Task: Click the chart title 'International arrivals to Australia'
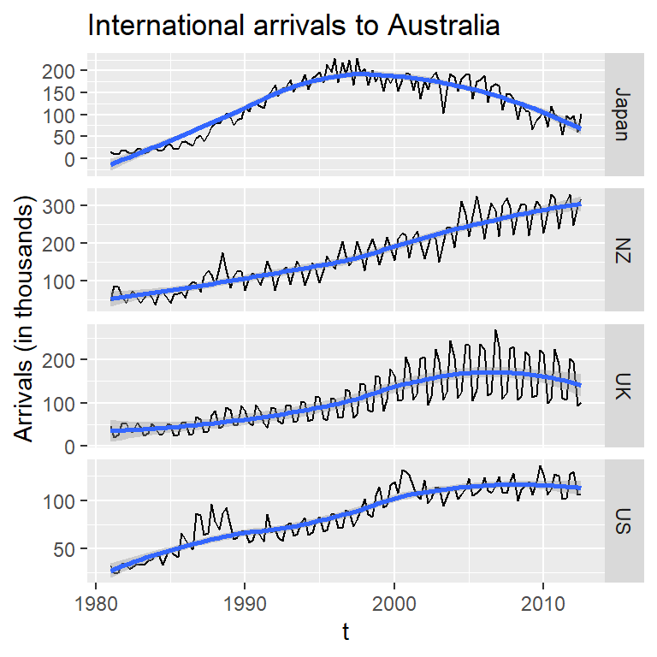point(293,27)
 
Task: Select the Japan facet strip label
point(623,113)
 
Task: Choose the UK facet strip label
point(623,385)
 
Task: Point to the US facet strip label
point(623,520)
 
